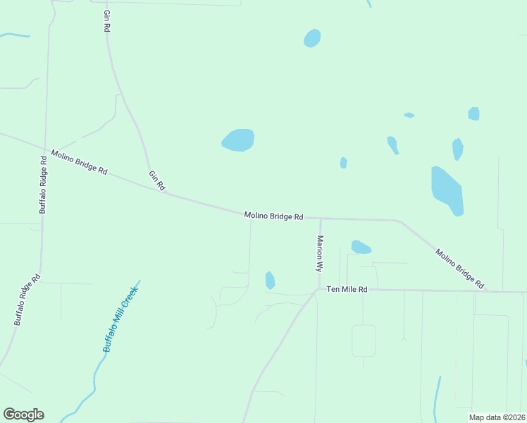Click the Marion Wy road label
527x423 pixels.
(320, 254)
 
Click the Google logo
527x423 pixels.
(23, 415)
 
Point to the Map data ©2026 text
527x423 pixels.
(497, 417)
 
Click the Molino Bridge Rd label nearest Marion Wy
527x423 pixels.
(273, 216)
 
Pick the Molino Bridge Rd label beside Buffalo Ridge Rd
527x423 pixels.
(79, 162)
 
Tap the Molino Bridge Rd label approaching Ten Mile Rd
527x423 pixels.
(460, 269)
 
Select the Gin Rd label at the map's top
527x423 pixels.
(107, 20)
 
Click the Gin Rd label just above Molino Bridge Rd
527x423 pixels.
(156, 181)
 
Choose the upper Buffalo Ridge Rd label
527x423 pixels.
(44, 184)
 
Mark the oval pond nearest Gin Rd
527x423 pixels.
(238, 140)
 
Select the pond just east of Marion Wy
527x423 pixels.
(360, 247)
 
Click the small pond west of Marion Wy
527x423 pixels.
(270, 280)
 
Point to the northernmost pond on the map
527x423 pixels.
(312, 38)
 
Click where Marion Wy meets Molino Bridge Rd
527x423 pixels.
(320, 219)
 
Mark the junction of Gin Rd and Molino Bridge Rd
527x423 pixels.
(166, 193)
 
